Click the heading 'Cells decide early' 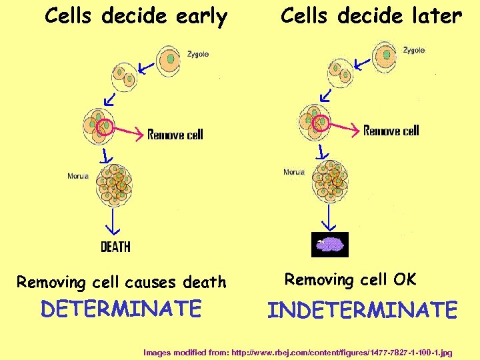(x=136, y=17)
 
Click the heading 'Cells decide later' (x=371, y=16)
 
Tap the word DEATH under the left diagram (x=115, y=247)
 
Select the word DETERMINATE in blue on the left (x=121, y=309)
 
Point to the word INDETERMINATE (x=363, y=310)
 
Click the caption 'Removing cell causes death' (x=121, y=282)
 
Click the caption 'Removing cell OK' (x=351, y=279)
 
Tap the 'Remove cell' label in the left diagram (x=175, y=135)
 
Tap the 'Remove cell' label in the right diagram (x=391, y=131)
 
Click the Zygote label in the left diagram (x=198, y=54)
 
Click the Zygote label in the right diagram (x=414, y=50)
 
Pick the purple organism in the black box (x=330, y=245)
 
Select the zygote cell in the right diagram (x=385, y=56)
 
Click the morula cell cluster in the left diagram (x=115, y=182)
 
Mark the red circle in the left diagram (x=105, y=127)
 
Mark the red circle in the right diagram (x=321, y=122)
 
